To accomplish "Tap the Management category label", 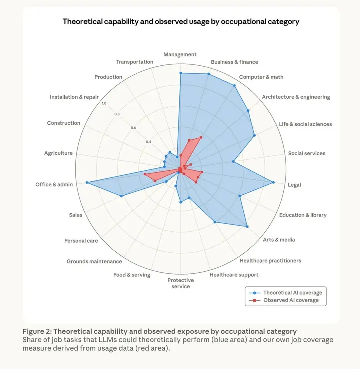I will coord(180,54).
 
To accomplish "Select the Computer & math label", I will coord(261,77).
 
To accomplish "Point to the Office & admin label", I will coord(54,184).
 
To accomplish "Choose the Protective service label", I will coord(180,283).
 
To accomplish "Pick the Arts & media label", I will coord(279,239).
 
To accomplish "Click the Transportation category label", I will coord(135,62).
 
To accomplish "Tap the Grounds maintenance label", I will coord(94,261).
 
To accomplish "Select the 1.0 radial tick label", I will coord(104,103).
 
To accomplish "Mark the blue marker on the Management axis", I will coord(180,73).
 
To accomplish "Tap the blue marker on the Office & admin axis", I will coord(87,183).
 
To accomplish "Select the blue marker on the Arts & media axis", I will coord(247,227).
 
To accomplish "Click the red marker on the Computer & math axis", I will coord(201,137).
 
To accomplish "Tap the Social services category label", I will coord(306,153).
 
